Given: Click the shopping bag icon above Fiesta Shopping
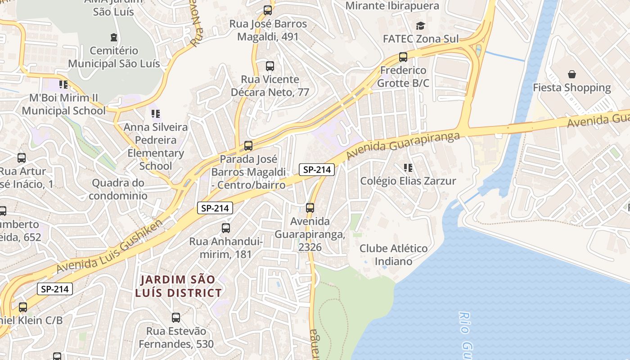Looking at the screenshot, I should pyautogui.click(x=571, y=74).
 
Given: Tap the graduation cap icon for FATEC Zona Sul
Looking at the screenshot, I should pyautogui.click(x=420, y=26).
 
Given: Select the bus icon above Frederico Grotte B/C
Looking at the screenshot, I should pyautogui.click(x=403, y=57).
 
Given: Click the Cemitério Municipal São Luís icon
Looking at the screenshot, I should pyautogui.click(x=113, y=37).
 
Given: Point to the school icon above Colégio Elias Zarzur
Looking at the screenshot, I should pyautogui.click(x=408, y=168).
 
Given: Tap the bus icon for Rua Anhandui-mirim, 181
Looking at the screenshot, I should pyautogui.click(x=226, y=228).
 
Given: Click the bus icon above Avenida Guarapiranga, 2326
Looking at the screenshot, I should pyautogui.click(x=310, y=208).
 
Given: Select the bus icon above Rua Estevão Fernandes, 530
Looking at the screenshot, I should pyautogui.click(x=176, y=318).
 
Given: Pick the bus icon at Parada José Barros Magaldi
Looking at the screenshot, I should pyautogui.click(x=248, y=146).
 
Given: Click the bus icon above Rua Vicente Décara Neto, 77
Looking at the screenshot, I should pyautogui.click(x=270, y=66).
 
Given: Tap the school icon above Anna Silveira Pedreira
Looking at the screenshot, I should pyautogui.click(x=155, y=114).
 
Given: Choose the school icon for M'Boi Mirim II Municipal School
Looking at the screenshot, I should pyautogui.click(x=63, y=85).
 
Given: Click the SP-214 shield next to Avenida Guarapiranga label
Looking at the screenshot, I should pyautogui.click(x=317, y=170).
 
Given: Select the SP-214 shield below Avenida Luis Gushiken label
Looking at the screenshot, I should pyautogui.click(x=54, y=289).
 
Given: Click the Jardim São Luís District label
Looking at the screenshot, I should pyautogui.click(x=178, y=286).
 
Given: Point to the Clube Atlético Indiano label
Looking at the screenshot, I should pyautogui.click(x=393, y=255).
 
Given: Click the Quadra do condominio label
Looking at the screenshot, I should pyautogui.click(x=118, y=189).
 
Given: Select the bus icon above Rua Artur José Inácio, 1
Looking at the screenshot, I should pyautogui.click(x=21, y=158).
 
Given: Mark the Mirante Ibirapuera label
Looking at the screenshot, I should pyautogui.click(x=392, y=6).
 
